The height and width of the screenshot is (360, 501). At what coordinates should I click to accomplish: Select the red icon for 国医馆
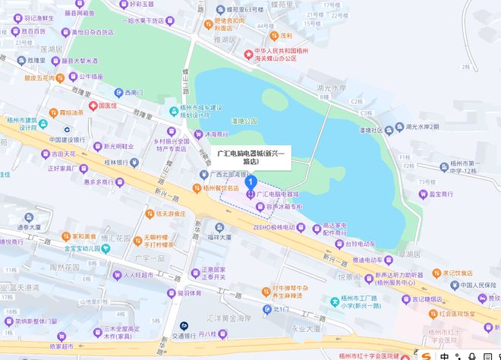click(x=93, y=106)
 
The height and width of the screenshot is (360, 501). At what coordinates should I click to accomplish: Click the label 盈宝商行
click(x=444, y=194)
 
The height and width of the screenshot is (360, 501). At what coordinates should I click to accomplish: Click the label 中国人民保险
click(x=478, y=286)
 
